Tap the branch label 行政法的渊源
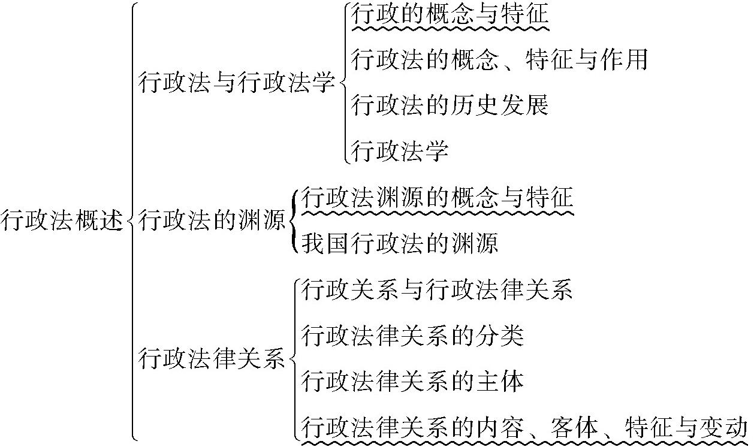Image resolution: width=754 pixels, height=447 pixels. [212, 221]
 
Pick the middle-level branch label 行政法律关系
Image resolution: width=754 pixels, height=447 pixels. [212, 359]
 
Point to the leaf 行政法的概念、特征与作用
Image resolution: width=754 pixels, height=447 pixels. [499, 59]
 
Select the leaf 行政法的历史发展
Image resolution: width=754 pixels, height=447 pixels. [450, 105]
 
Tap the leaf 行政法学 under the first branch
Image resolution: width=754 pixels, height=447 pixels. [400, 150]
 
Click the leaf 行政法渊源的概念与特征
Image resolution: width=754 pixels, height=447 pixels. [437, 197]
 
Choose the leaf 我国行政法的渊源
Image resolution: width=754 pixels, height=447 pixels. [399, 243]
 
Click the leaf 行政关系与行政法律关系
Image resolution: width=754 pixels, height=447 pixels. [437, 290]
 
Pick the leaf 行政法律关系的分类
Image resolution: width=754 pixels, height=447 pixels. [412, 336]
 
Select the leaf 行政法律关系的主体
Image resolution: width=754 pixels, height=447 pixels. [412, 382]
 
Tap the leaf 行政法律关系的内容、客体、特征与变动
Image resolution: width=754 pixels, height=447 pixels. [524, 428]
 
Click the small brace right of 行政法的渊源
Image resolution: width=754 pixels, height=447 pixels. [293, 221]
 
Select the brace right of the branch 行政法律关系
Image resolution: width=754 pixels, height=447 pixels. [294, 359]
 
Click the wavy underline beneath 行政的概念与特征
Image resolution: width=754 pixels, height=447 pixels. [450, 28]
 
